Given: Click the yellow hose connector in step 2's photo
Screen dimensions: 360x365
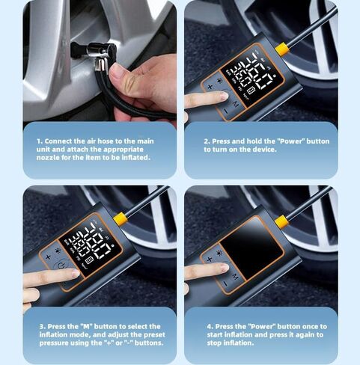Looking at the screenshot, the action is click(282, 49).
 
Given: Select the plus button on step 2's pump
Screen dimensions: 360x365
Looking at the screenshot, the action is click(210, 87).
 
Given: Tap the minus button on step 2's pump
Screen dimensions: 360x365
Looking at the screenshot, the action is click(226, 111).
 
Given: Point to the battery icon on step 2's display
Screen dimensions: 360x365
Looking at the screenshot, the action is click(251, 90).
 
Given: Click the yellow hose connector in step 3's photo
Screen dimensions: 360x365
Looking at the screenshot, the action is click(120, 219).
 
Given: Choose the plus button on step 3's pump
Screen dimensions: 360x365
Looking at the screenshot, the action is click(48, 257).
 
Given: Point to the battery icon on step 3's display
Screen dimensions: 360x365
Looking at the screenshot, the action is click(89, 260).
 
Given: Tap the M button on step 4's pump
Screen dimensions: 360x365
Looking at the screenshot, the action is click(235, 276).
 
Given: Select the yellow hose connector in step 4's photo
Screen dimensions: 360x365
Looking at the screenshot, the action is click(282, 222).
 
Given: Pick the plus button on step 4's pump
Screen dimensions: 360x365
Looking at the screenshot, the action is click(210, 260).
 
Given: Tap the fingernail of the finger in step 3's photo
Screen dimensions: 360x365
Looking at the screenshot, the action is click(76, 273).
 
